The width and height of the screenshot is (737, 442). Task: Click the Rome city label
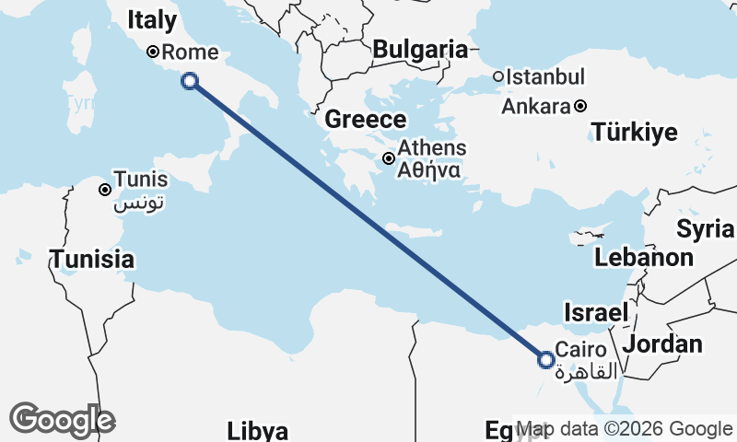(x=187, y=52)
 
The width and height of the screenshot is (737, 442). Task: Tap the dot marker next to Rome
(x=153, y=52)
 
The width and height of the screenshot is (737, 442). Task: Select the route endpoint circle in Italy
(x=190, y=81)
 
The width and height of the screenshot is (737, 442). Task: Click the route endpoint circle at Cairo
(x=545, y=360)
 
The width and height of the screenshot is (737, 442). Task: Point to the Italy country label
(x=153, y=20)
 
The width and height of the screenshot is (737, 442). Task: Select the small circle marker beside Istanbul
(x=498, y=77)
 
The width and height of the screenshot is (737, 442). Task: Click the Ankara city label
(x=535, y=106)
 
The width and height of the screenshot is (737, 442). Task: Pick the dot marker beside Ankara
(x=580, y=106)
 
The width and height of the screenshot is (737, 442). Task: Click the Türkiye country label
(x=635, y=133)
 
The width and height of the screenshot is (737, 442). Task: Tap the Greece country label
(x=366, y=120)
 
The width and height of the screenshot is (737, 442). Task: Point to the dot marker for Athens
(x=390, y=158)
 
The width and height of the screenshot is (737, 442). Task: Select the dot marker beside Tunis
(x=106, y=190)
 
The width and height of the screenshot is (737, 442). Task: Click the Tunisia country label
(x=92, y=260)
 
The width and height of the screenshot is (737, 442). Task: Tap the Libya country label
(x=258, y=430)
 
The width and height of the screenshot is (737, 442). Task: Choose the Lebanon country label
(x=644, y=258)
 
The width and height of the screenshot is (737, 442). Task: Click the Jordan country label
(x=663, y=344)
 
